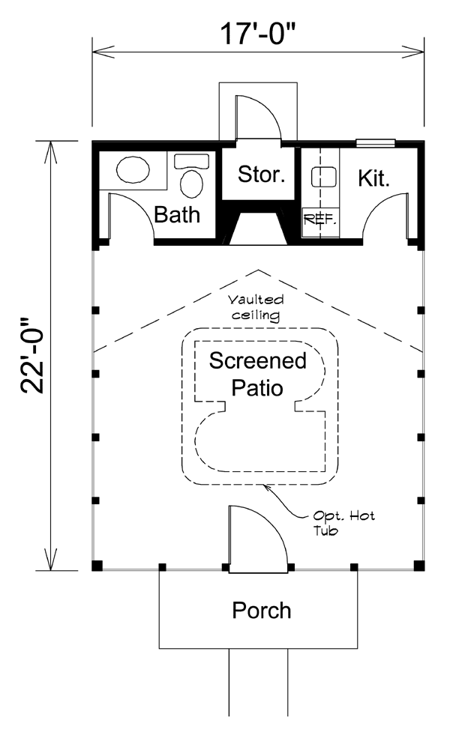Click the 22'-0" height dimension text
pos(33,354)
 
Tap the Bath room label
pos(177,216)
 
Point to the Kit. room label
pos(373,179)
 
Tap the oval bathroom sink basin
pos(133,170)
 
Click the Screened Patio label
pos(257,375)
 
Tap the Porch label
pos(261,610)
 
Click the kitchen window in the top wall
pos(374,142)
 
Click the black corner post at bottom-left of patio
pos(97,566)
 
